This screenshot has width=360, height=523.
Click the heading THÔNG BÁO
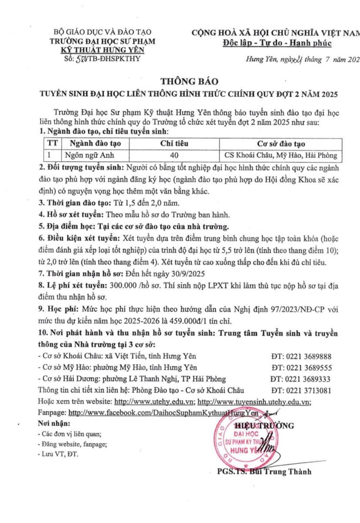point(180,82)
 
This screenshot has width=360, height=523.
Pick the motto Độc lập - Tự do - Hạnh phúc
point(277,43)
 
